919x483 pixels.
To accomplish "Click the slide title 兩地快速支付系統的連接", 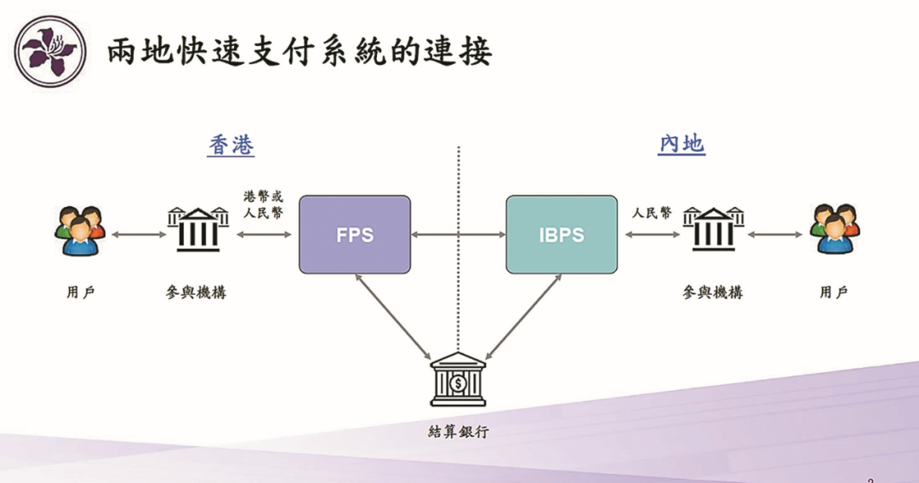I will click(x=300, y=52).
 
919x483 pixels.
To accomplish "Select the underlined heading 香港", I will click(x=231, y=146).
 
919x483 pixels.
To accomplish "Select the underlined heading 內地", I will click(x=682, y=145).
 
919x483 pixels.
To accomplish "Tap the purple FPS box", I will click(x=355, y=234).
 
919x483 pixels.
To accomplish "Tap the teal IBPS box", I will click(x=562, y=234).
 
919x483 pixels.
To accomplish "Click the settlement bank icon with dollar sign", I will click(x=458, y=379).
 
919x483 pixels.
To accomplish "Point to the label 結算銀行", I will click(x=459, y=431).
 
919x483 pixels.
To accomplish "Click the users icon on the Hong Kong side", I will click(x=80, y=231).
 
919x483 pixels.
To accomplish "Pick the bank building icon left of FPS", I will click(x=197, y=228).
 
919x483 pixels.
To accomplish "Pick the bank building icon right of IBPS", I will click(x=713, y=228).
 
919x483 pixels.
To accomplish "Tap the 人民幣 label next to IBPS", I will click(x=651, y=213).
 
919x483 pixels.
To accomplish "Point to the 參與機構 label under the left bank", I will click(x=197, y=292).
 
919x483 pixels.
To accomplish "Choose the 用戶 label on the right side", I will click(x=834, y=292).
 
